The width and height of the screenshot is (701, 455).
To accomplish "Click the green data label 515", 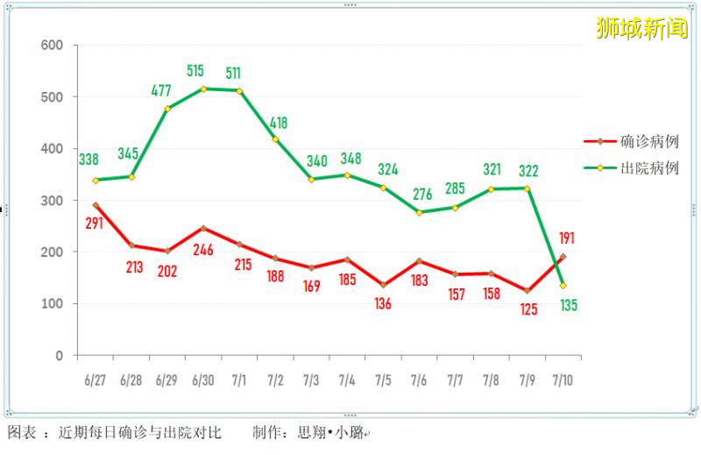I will coord(202,70).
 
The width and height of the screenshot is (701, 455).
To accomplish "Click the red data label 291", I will coord(95,224).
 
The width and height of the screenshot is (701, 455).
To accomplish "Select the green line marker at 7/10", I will coord(563,286).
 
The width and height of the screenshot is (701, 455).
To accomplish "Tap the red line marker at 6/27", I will coord(96,205).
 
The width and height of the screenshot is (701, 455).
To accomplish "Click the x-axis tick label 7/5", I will coord(383,380).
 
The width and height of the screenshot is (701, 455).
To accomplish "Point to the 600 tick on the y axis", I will coord(53,46).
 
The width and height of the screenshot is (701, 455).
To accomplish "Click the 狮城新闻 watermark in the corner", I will coord(641,28).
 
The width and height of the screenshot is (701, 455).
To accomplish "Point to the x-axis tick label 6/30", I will coord(202,380).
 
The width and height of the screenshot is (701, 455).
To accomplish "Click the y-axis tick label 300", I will coord(53,201).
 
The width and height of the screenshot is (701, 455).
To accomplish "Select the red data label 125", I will coord(528,309).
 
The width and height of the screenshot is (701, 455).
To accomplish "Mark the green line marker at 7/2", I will coord(275,139).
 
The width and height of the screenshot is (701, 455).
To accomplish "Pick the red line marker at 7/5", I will coord(383,285).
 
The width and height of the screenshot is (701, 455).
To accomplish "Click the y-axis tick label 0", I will coord(60,356).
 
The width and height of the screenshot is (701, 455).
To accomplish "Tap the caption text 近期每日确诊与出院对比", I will coord(140,433).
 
